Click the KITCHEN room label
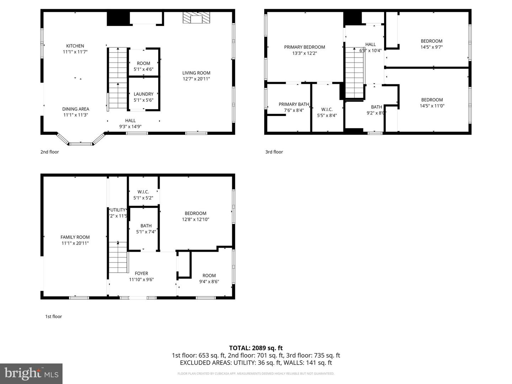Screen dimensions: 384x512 coord(75,46)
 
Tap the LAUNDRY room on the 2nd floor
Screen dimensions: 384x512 coord(144,97)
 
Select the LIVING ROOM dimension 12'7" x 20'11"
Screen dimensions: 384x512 coord(196,79)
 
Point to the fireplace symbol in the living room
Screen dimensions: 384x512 coord(196,18)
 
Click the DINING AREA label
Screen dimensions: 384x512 coord(75,109)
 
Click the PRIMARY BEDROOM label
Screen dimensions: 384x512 coord(304,47)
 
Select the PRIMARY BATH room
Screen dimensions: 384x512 coord(293,107)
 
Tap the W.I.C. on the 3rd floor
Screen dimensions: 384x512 coord(327,112)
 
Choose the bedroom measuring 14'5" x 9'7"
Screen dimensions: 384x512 coord(432,44)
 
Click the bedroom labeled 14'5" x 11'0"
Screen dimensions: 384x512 coord(432,103)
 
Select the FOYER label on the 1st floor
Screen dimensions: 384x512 coord(141,273)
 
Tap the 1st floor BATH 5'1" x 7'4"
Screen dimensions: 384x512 coord(146,228)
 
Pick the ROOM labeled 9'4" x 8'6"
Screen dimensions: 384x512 coord(209,278)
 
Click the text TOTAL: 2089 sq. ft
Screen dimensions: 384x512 coord(256,348)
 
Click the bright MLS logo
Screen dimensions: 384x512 coord(31,373)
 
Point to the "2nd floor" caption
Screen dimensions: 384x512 coord(49,152)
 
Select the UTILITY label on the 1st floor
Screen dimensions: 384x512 coord(118,210)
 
